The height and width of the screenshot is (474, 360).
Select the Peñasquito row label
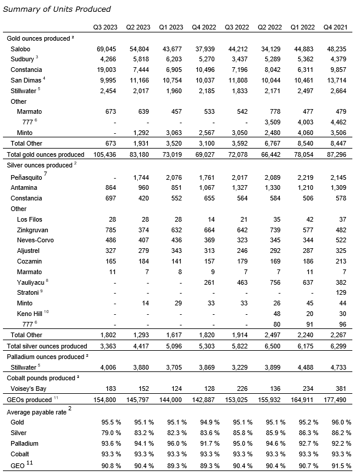pyautogui.click(x=29, y=177)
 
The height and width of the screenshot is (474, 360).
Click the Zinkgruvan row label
pyautogui.click(x=34, y=229)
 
